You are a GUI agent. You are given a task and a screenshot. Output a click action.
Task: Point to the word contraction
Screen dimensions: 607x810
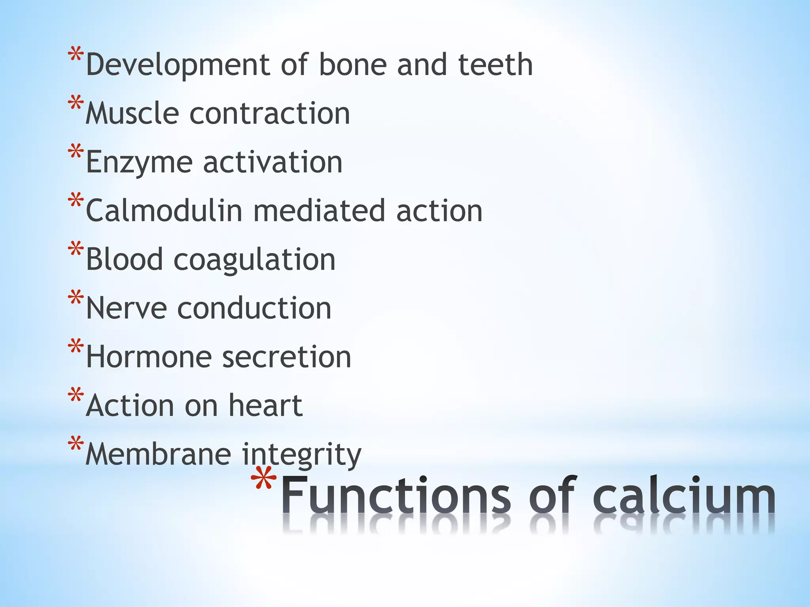pyautogui.click(x=270, y=114)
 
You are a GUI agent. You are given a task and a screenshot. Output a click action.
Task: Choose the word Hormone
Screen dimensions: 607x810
pyautogui.click(x=149, y=356)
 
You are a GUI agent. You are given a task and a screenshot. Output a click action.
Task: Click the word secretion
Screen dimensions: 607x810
pyautogui.click(x=287, y=356)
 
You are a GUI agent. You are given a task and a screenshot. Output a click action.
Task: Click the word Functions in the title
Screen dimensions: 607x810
pyautogui.click(x=396, y=496)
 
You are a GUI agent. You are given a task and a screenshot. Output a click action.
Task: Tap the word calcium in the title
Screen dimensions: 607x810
pyautogui.click(x=684, y=496)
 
